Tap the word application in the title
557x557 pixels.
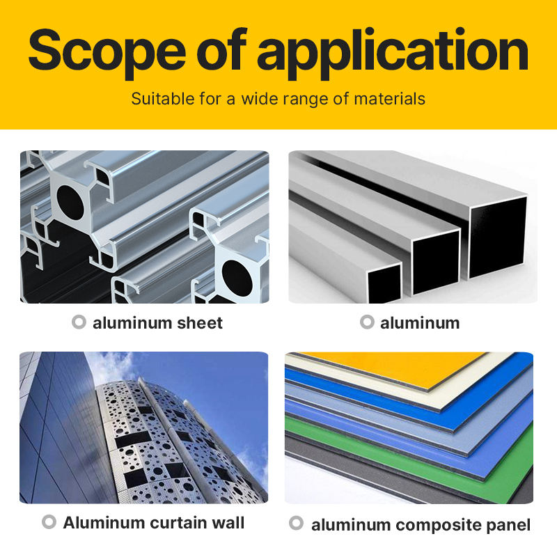tap(392, 54)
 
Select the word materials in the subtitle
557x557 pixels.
tap(390, 99)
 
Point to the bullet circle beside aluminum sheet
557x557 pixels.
tap(79, 322)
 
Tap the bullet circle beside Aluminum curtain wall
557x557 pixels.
tap(49, 521)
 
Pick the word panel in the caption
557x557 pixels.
tap(508, 526)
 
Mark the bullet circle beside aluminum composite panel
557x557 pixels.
tap(297, 523)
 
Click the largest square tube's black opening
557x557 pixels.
tap(498, 237)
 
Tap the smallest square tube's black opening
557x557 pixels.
tap(385, 284)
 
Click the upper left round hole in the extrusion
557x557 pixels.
tap(71, 202)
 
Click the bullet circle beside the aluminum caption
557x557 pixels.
tap(368, 322)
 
